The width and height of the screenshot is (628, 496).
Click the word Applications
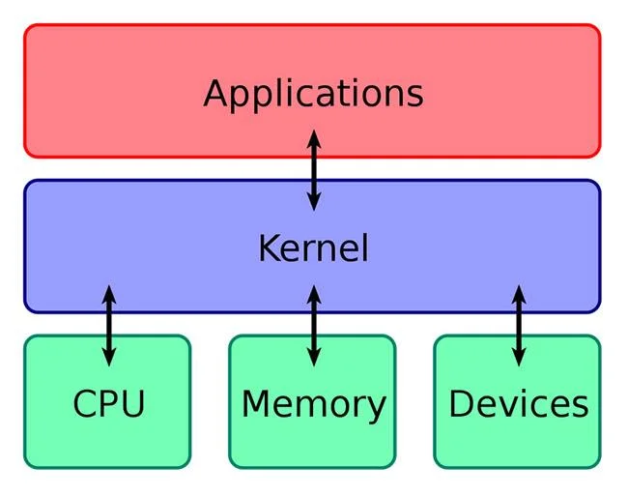point(313,95)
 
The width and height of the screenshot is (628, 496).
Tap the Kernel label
point(313,248)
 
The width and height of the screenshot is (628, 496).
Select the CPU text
point(109,403)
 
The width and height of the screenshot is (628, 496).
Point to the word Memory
point(314,405)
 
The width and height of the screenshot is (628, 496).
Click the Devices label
point(519,403)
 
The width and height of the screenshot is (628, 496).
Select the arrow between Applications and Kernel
point(314,170)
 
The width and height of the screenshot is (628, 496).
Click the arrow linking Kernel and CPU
point(109,326)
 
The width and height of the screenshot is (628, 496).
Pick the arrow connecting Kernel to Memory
point(314,326)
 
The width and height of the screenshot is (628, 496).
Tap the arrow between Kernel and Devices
point(519,326)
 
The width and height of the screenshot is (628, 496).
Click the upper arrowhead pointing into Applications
point(314,139)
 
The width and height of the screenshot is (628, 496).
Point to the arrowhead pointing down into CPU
point(109,357)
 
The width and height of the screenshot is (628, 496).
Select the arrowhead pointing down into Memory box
point(314,357)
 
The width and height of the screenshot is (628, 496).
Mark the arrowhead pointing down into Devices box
point(519,357)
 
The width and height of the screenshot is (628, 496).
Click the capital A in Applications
point(216,93)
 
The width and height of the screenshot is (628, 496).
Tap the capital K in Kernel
point(271,248)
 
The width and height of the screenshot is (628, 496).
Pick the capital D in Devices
point(462,403)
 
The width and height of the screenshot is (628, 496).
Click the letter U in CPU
point(132,404)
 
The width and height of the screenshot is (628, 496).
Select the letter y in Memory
point(376,411)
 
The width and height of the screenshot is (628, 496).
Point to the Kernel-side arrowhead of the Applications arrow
point(314,201)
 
